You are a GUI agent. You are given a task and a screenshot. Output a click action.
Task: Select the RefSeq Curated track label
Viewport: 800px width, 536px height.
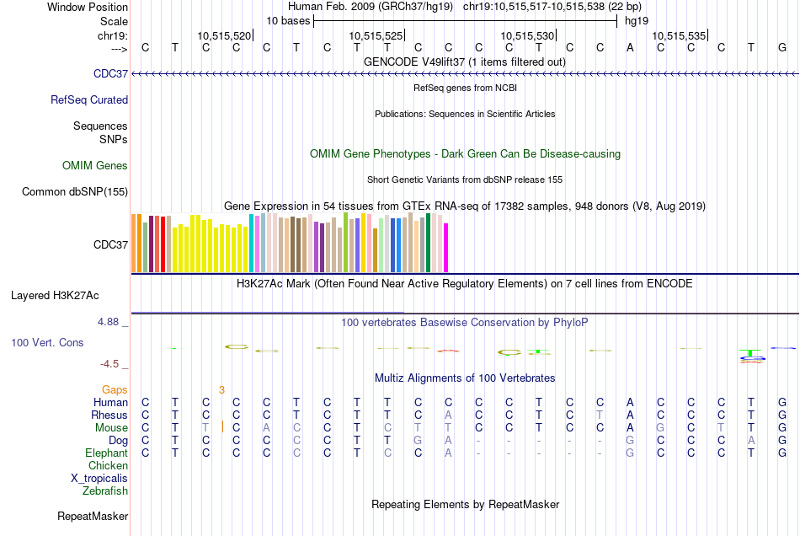pyautogui.click(x=89, y=99)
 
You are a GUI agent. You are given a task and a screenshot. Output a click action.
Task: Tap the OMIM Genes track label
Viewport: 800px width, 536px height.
pyautogui.click(x=95, y=165)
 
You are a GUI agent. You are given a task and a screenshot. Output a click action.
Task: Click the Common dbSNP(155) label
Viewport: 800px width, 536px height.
pyautogui.click(x=75, y=191)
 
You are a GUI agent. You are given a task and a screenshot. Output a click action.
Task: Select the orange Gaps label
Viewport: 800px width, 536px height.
pyautogui.click(x=115, y=389)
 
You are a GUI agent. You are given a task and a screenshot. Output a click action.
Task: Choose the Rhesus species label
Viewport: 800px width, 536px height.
pyautogui.click(x=109, y=415)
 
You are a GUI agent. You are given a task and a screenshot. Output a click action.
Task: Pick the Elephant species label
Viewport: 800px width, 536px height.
pyautogui.click(x=106, y=453)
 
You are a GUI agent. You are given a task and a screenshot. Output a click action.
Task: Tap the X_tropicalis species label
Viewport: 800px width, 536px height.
pyautogui.click(x=99, y=478)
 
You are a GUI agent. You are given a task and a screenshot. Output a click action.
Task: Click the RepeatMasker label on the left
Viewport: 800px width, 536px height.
pyautogui.click(x=93, y=516)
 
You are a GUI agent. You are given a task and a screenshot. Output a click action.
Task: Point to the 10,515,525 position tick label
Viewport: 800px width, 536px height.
pyautogui.click(x=375, y=35)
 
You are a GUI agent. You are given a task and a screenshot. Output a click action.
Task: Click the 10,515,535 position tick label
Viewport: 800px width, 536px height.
pyautogui.click(x=678, y=35)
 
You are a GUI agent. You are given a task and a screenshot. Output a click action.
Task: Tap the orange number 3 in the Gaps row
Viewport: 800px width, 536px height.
pyautogui.click(x=221, y=389)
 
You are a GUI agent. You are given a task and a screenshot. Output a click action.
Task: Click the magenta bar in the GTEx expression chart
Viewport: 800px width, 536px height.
pyautogui.click(x=446, y=247)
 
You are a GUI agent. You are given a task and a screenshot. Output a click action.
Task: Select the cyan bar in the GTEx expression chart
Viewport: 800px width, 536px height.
pyautogui.click(x=252, y=243)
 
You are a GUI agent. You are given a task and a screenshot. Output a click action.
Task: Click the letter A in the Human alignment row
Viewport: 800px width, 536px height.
pyautogui.click(x=630, y=402)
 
